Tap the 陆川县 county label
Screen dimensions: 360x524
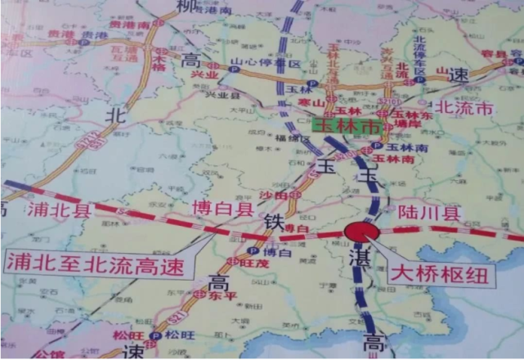tap(430, 213)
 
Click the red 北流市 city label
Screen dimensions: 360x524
tap(464, 107)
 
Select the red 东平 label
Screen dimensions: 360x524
tap(214, 296)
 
